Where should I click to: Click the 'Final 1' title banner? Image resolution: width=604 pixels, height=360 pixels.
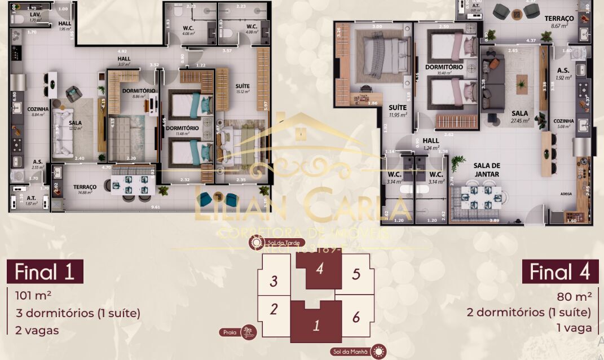click(x=45, y=271)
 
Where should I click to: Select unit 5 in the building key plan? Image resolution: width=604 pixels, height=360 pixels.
click(x=355, y=274)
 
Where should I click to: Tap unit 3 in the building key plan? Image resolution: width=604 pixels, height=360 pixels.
click(x=274, y=280)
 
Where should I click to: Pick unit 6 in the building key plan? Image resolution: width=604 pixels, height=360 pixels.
click(x=356, y=317)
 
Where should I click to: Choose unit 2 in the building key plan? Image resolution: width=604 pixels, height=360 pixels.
click(x=274, y=309)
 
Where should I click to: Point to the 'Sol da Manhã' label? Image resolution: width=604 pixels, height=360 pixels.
click(x=350, y=352)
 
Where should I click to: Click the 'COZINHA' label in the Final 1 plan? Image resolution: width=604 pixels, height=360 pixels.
click(x=37, y=109)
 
